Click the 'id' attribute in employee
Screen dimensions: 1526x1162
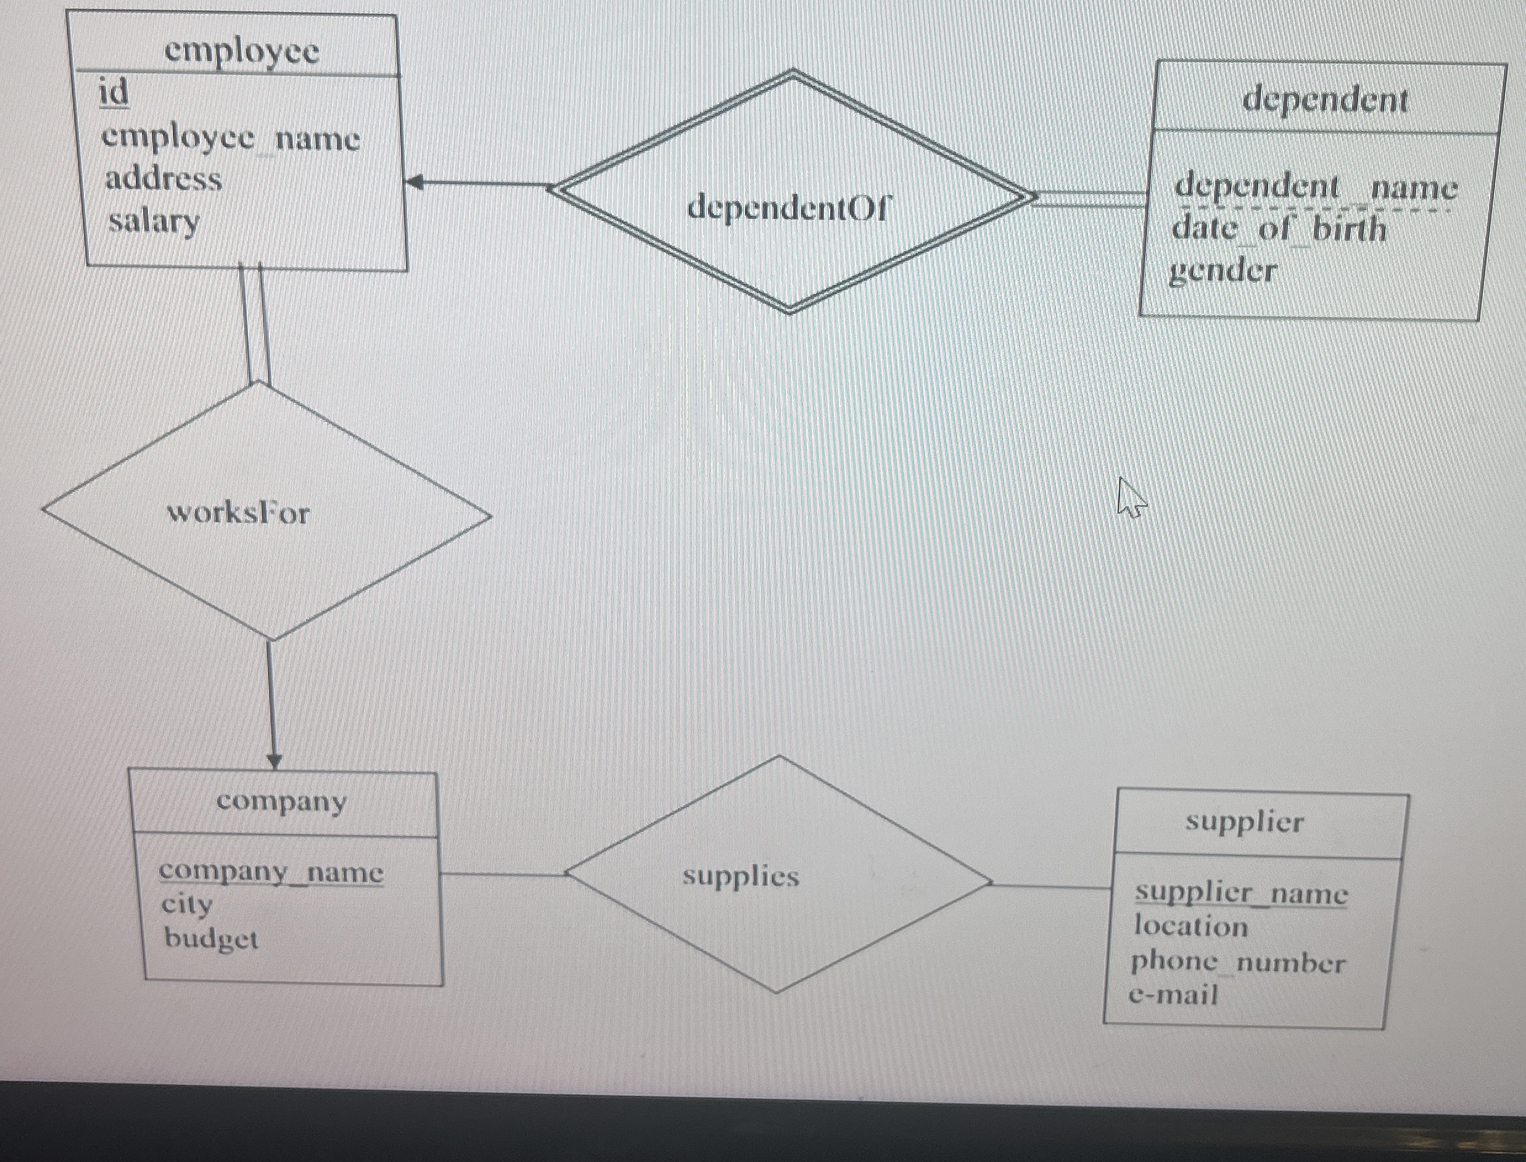tap(114, 93)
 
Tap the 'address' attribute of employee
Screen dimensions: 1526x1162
tap(164, 180)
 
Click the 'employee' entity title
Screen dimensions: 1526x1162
tap(241, 51)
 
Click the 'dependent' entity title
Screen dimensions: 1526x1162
tap(1325, 99)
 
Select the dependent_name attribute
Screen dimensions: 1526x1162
tap(1315, 187)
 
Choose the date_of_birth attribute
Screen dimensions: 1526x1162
tap(1279, 228)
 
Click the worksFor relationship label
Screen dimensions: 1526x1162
tap(238, 513)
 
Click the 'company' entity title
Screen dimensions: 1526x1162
tap(281, 802)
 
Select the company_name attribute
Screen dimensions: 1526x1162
tap(271, 872)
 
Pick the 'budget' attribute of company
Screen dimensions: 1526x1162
tap(211, 939)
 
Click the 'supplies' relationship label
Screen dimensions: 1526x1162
tap(741, 877)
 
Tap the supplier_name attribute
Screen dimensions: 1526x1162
tap(1241, 894)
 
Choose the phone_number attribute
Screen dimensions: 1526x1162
tap(1237, 963)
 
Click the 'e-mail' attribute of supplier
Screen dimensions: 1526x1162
tap(1173, 995)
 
